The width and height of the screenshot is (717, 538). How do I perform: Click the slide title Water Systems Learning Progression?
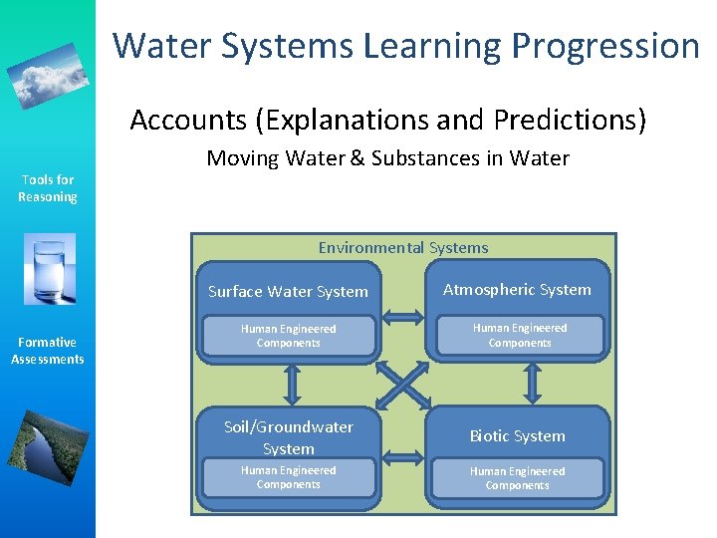[x=406, y=46]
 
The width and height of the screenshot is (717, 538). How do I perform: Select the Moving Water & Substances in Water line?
[x=387, y=157]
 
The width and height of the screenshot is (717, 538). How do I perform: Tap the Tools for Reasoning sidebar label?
[x=48, y=188]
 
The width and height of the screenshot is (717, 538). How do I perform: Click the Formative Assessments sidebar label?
[x=48, y=351]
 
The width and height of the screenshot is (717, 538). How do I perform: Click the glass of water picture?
[x=49, y=270]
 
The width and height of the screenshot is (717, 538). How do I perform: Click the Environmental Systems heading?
[x=403, y=247]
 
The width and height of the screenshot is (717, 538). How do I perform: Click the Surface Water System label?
[x=288, y=292]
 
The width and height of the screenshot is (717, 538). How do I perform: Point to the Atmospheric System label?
[x=517, y=290]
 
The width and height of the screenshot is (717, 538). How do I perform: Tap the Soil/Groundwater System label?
[x=288, y=437]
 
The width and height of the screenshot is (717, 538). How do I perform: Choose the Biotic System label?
[x=517, y=436]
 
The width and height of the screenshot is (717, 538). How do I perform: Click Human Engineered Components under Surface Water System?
[x=288, y=336]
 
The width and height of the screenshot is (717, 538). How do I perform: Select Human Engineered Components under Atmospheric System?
[x=519, y=335]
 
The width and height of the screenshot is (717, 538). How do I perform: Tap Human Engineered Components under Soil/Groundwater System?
[x=288, y=477]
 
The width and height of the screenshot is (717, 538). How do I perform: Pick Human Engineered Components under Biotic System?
[x=517, y=478]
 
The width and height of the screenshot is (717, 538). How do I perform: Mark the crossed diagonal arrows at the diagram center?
[x=403, y=383]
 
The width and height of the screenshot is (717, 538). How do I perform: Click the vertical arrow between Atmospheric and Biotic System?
[x=532, y=382]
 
